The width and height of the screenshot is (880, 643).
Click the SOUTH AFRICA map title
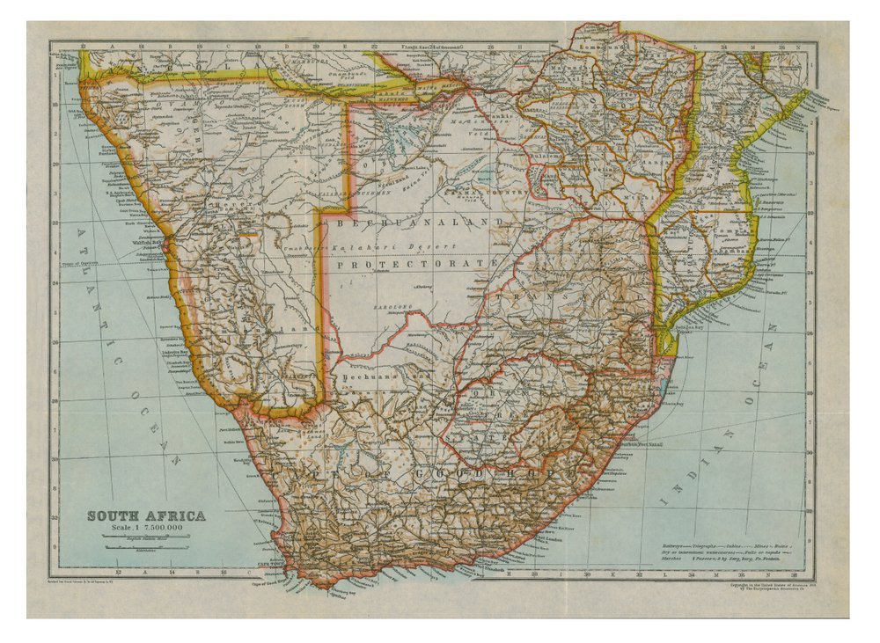pyautogui.click(x=145, y=515)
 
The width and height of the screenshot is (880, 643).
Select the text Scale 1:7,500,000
pyautogui.click(x=146, y=528)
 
